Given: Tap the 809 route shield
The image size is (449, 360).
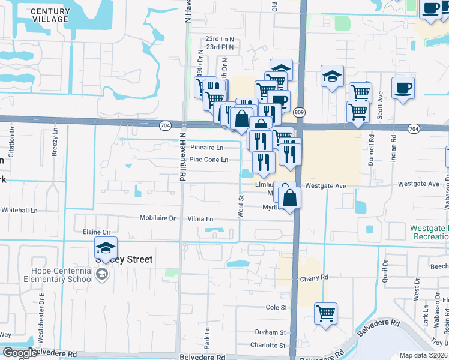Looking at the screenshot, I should pos(300,112).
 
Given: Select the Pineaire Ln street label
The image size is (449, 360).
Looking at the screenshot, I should pos(206,147).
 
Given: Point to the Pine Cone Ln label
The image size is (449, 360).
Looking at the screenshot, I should pos(208,160).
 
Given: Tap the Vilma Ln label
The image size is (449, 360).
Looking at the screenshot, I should pos(200,219).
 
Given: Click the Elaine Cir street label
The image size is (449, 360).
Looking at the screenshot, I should pos(92,231).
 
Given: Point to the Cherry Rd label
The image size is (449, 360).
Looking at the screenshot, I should pos(315,278).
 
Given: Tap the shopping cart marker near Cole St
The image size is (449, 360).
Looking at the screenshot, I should pos(325,313).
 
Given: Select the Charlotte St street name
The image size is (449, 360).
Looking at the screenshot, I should pos(268,346).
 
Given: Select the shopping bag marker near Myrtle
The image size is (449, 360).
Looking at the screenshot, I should pos(289,199).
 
